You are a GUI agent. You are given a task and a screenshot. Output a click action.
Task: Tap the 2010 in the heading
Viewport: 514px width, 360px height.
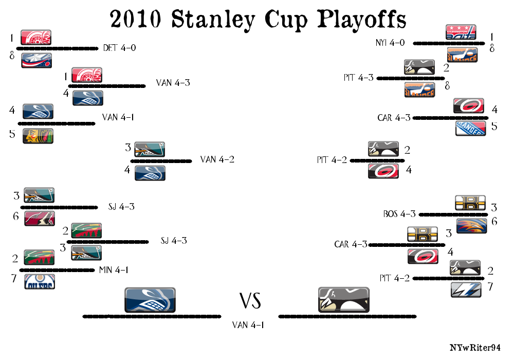135,19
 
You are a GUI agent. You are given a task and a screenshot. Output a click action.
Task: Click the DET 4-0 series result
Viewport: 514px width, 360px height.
119,48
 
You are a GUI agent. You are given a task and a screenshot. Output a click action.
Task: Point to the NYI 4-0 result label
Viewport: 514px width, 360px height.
390,43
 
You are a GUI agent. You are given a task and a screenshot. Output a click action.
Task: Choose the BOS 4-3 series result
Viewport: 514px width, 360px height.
399,214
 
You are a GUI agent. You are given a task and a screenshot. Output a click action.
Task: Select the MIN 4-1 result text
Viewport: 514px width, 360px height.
114,270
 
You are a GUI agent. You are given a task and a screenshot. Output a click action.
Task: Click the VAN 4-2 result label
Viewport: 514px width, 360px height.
217,159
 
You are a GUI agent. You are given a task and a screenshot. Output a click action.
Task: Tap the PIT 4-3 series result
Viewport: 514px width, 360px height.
359,78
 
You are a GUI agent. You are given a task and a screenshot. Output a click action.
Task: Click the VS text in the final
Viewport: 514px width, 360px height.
250,301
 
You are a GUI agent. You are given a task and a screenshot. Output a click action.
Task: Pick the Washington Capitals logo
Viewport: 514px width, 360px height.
461,32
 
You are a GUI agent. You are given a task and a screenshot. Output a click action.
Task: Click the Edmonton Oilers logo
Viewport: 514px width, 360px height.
40,282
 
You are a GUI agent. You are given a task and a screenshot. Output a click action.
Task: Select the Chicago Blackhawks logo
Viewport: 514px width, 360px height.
38,136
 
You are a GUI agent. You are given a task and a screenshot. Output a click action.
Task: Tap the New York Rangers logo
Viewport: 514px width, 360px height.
471,128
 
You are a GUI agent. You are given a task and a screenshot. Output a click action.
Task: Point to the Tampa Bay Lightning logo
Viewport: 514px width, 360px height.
466,290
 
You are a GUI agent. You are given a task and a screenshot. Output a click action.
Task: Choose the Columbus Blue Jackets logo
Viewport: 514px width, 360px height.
36,60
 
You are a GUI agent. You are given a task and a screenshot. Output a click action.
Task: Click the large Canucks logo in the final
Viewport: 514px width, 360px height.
150,300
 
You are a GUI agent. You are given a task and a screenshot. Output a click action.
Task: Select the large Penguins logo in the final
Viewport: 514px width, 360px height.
344,300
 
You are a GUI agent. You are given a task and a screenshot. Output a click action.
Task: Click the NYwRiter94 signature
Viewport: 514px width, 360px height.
475,348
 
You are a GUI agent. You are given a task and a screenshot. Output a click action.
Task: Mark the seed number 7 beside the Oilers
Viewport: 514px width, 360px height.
14,278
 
